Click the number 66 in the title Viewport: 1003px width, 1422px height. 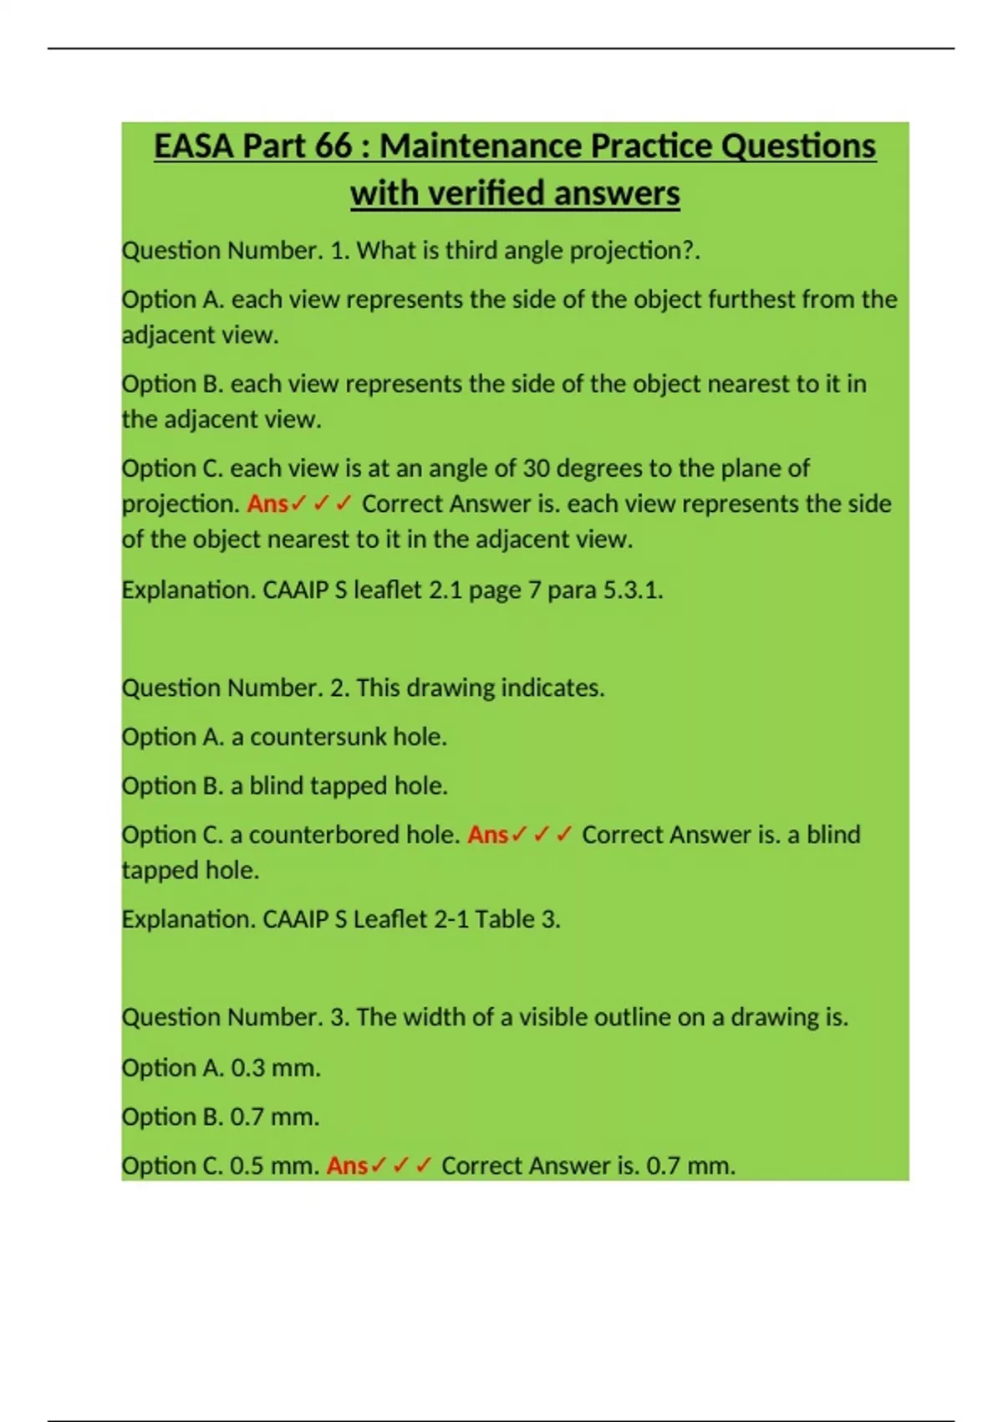point(333,146)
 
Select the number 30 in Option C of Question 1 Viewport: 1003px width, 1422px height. point(536,468)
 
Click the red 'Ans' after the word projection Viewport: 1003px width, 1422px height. point(267,504)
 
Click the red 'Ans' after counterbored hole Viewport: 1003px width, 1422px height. point(487,835)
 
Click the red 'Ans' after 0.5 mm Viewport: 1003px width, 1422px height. point(346,1166)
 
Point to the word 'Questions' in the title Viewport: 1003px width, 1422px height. point(797,146)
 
